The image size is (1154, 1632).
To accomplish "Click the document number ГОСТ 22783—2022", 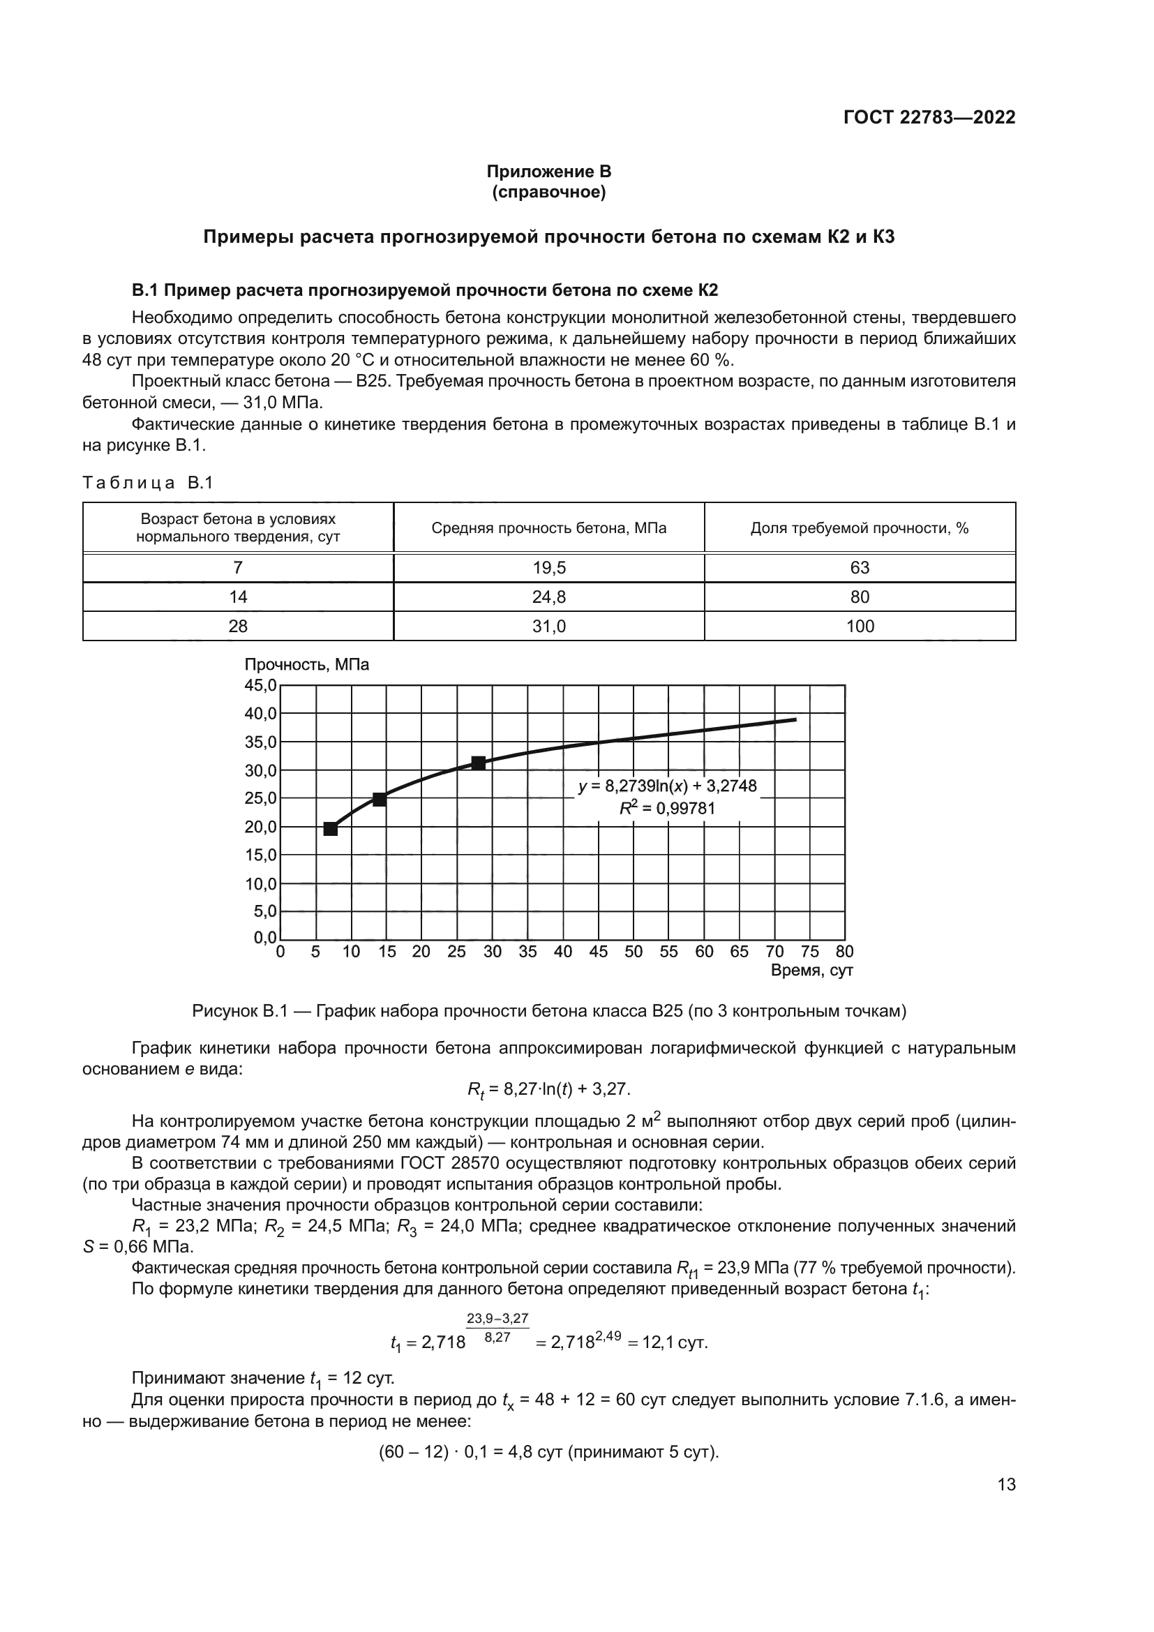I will [929, 117].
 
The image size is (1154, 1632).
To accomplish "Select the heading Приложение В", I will [548, 172].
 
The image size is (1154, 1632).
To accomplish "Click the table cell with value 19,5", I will [548, 568].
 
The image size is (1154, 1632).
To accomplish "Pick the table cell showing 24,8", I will [548, 597].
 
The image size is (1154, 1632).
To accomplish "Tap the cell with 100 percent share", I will [859, 626].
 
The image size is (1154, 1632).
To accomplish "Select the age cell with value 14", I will [238, 597].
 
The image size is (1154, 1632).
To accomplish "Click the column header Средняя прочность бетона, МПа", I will [548, 528].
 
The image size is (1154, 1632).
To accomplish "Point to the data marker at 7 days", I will [331, 829].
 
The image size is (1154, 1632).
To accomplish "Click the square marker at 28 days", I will [478, 763].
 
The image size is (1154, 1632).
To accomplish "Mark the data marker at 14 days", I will [380, 800].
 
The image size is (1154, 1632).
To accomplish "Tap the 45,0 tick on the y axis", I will [260, 685].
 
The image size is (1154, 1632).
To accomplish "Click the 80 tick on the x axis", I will [844, 952].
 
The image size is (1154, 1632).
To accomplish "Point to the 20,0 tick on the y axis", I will [260, 827].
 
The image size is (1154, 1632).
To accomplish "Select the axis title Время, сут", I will [811, 971].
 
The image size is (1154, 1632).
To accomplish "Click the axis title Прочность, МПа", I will [307, 665].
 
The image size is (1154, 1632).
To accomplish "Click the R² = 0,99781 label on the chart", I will [666, 808].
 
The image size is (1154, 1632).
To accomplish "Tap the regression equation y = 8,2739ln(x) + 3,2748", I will [666, 786].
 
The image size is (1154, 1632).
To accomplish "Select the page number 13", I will [1006, 1485].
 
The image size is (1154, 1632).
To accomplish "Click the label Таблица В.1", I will [148, 484].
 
